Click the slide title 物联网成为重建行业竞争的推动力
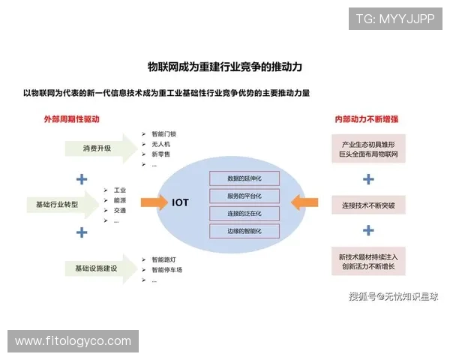[x=224, y=67]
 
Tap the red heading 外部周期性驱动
[x=72, y=119]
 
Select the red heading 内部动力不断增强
[x=367, y=119]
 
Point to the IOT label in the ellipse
[x=180, y=202]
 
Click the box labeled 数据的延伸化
[x=244, y=178]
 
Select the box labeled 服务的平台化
[x=244, y=196]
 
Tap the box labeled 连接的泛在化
[x=244, y=214]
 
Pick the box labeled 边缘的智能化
[x=244, y=231]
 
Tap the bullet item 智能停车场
[x=166, y=270]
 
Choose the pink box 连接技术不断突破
[x=368, y=205]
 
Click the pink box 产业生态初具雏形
[x=368, y=148]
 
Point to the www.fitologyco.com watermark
[x=73, y=341]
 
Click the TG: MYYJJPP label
[x=394, y=19]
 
